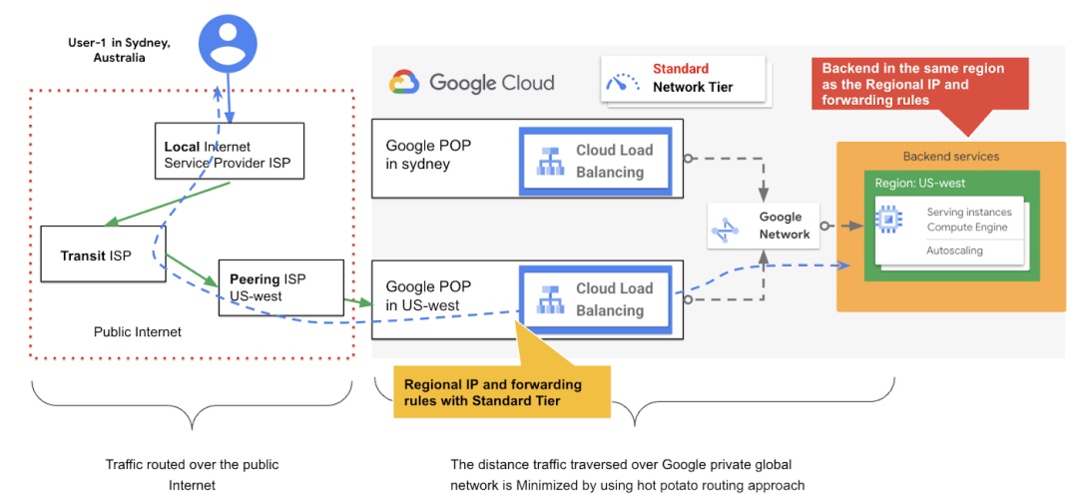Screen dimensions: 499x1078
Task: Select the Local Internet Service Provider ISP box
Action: pyautogui.click(x=229, y=152)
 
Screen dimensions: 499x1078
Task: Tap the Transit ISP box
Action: pyautogui.click(x=101, y=254)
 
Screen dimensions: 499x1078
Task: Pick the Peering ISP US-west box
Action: pyautogui.click(x=280, y=287)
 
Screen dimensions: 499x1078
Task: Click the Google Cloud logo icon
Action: pyautogui.click(x=403, y=82)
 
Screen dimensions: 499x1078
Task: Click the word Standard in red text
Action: pyautogui.click(x=681, y=69)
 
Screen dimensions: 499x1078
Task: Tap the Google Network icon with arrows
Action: pyautogui.click(x=725, y=228)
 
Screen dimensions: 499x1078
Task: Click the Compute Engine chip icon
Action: pyautogui.click(x=888, y=220)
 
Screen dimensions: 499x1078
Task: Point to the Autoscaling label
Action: pyautogui.click(x=954, y=250)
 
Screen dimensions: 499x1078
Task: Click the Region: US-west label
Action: pyautogui.click(x=919, y=184)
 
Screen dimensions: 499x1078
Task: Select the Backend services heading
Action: pyautogui.click(x=950, y=157)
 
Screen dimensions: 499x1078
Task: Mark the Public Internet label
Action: pyautogui.click(x=138, y=331)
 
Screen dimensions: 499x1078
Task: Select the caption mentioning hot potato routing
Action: pyautogui.click(x=627, y=475)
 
